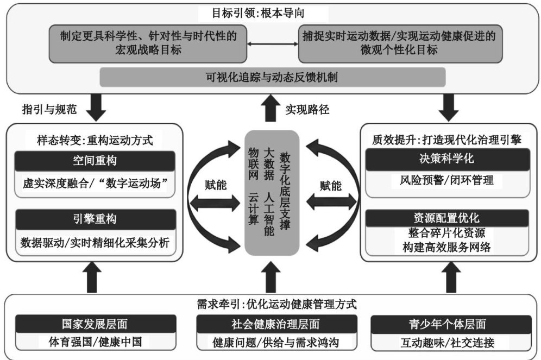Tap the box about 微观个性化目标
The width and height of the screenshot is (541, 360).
pyautogui.click(x=400, y=42)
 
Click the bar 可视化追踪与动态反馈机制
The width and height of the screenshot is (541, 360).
pyautogui.click(x=272, y=77)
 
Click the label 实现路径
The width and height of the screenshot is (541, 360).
pyautogui.click(x=307, y=109)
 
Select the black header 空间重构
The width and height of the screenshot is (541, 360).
pyautogui.click(x=95, y=161)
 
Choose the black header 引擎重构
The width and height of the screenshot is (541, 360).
pyautogui.click(x=95, y=219)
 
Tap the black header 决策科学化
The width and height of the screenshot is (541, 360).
pyautogui.click(x=446, y=159)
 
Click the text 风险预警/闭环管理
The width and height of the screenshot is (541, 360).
pyautogui.click(x=446, y=180)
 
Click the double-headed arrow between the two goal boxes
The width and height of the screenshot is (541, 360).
pyautogui.click(x=272, y=42)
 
